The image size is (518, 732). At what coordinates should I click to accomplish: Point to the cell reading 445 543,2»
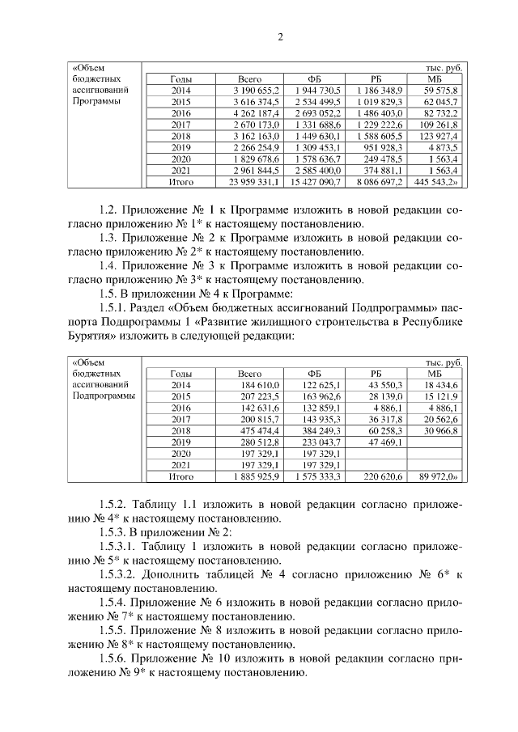point(438,183)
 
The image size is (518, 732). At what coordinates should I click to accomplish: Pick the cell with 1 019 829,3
point(377,102)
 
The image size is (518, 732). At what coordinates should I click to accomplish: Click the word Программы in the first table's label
point(96,102)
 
